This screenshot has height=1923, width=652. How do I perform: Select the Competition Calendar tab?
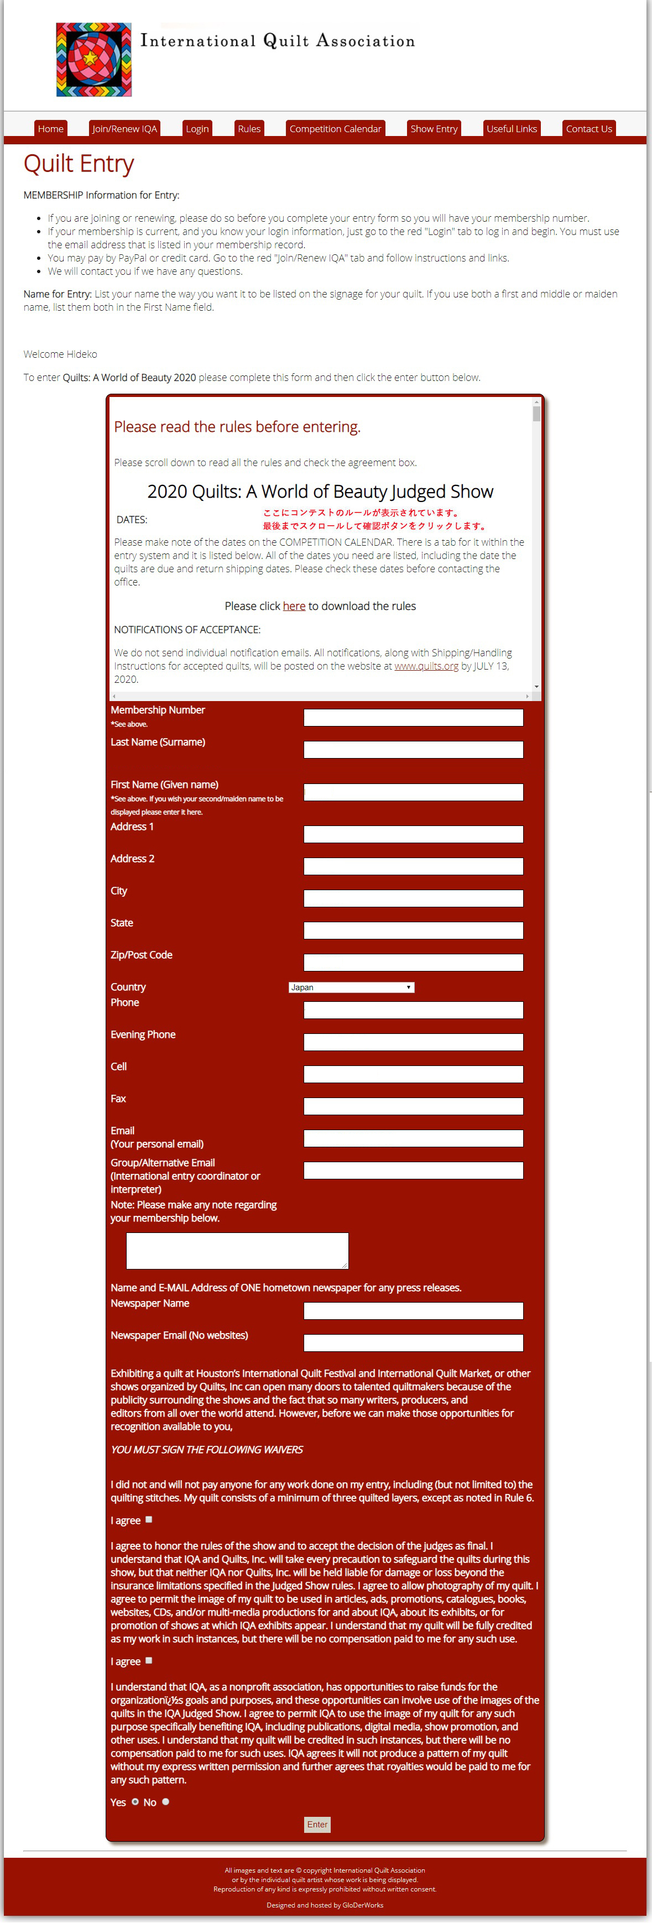pos(335,128)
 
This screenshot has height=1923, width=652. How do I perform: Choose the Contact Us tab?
pos(588,128)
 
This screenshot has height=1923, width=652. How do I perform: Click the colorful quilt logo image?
pos(94,60)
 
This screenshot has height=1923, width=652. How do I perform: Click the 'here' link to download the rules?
pos(294,606)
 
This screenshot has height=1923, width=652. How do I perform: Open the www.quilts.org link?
pos(426,666)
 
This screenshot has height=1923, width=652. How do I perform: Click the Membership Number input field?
pos(413,717)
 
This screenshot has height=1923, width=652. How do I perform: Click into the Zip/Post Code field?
pos(413,962)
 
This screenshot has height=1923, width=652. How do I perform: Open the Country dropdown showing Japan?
pos(351,987)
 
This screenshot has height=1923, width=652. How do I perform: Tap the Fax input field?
pos(413,1106)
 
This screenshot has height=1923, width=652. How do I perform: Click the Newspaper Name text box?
pos(413,1311)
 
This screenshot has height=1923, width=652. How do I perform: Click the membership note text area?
pos(237,1251)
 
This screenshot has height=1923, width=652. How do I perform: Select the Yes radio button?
pos(135,1801)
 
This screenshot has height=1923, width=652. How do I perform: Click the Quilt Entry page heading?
pos(79,164)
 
